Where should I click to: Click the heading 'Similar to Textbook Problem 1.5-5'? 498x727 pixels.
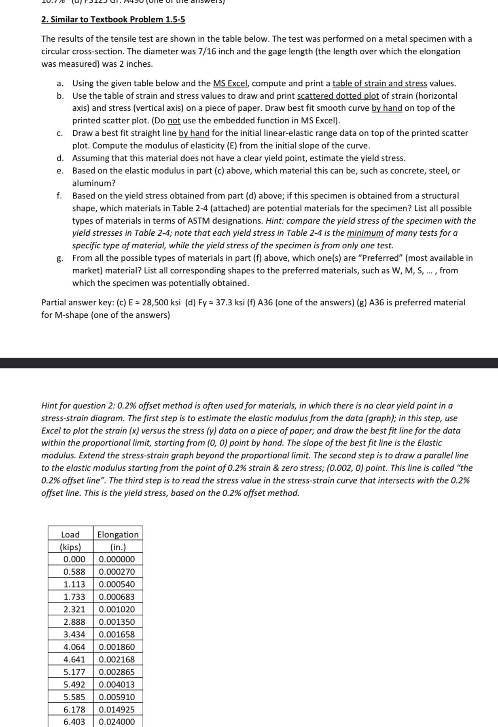coord(117,19)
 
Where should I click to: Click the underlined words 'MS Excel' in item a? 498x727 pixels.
coord(230,83)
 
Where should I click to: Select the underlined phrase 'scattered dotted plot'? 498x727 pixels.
coord(338,96)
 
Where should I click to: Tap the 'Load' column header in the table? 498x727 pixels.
coord(70,535)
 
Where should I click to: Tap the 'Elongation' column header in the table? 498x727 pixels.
coord(118,535)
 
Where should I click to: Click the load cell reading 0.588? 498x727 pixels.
coord(74,572)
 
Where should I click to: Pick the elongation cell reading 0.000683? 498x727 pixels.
coord(117,597)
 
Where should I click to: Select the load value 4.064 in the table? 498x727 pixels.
coord(74,647)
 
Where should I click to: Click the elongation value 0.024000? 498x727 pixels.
coord(117,722)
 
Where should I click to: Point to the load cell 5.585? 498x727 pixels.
coord(74,697)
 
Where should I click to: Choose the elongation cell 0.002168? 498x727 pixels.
coord(117,659)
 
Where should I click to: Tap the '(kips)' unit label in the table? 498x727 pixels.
coord(70,547)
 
